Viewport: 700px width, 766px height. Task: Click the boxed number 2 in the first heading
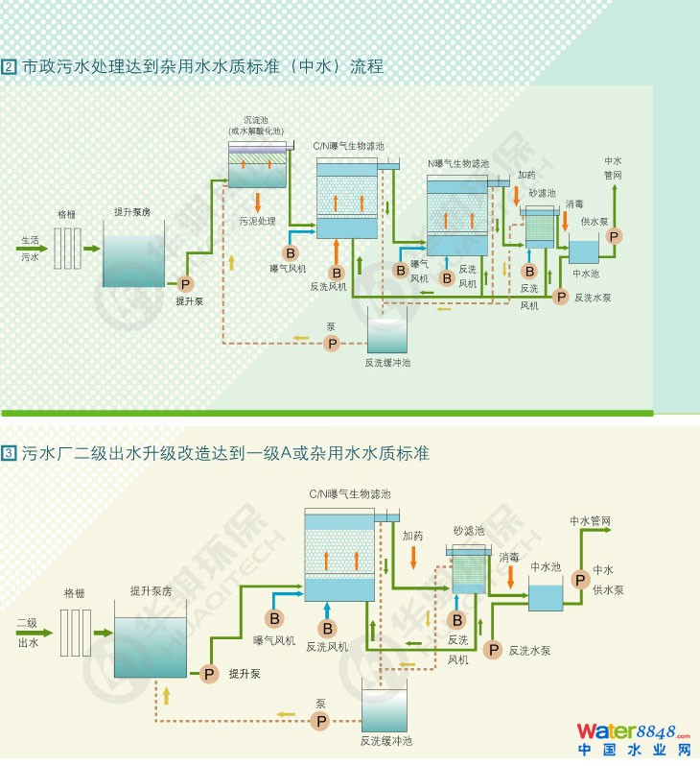point(9,67)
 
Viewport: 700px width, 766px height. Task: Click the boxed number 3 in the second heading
point(9,451)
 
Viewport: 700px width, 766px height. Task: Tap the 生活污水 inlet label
point(31,249)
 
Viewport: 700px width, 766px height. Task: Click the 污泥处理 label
point(258,222)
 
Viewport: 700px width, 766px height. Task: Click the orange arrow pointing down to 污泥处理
point(258,203)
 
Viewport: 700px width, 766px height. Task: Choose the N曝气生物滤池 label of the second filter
point(457,164)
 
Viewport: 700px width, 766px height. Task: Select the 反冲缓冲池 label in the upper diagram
point(387,362)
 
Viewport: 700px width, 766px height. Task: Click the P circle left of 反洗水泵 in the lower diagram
point(494,650)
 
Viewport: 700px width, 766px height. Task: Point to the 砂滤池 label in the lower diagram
point(469,531)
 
